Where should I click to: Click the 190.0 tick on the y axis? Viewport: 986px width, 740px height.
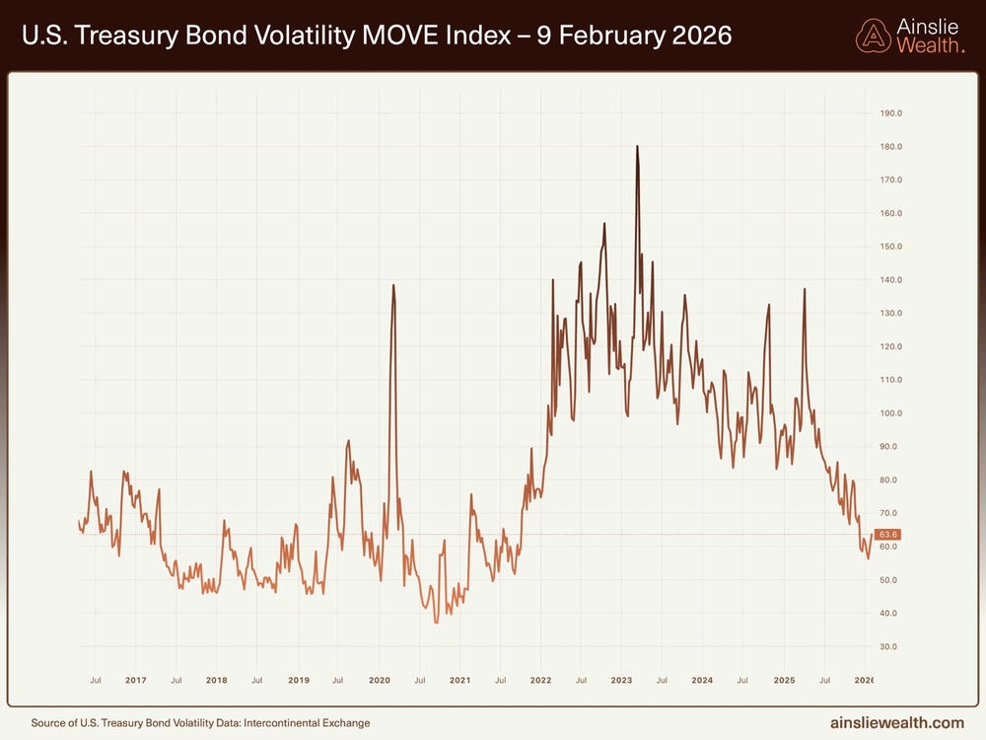click(x=890, y=113)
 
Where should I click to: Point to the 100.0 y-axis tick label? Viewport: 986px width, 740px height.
click(x=890, y=413)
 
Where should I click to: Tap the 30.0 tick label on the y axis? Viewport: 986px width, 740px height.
click(x=890, y=647)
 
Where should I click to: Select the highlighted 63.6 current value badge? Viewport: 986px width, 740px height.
click(x=888, y=535)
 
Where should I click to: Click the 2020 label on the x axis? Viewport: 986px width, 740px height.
click(x=380, y=681)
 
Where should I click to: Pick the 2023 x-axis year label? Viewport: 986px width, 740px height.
click(x=621, y=681)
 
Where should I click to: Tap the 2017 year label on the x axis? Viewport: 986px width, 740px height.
click(x=136, y=681)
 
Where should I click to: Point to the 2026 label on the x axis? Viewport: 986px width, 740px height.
click(x=864, y=681)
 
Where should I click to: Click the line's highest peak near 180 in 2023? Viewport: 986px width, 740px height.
click(x=637, y=146)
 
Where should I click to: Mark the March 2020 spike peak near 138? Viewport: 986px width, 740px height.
click(x=393, y=285)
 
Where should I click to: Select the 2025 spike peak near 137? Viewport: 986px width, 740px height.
click(x=805, y=288)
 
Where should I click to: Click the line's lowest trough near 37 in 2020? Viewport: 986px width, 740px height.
click(x=437, y=623)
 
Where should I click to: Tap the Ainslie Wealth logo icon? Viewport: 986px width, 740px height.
click(x=872, y=37)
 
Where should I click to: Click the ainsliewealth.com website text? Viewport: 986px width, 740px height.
click(x=897, y=722)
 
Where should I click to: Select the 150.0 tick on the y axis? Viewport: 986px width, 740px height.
click(x=890, y=247)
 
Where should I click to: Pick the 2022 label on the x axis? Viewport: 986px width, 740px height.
click(x=540, y=681)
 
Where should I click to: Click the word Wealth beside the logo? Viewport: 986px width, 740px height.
click(x=930, y=45)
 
